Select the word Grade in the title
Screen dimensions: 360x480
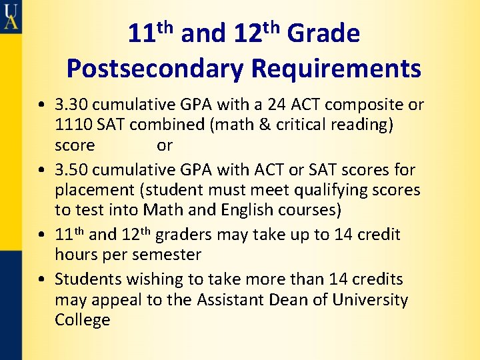(x=323, y=33)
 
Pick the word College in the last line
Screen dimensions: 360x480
(x=83, y=320)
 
